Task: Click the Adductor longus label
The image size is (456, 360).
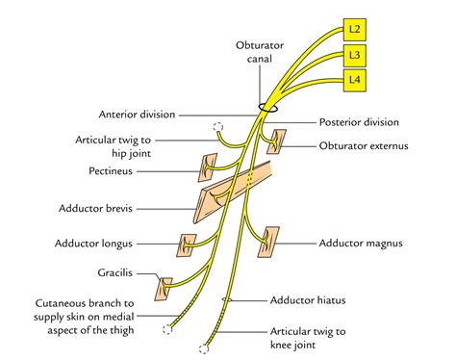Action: click(126, 244)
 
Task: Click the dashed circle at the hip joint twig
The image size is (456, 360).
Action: click(218, 126)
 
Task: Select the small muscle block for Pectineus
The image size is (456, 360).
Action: click(209, 168)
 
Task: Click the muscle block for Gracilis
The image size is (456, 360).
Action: click(166, 285)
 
